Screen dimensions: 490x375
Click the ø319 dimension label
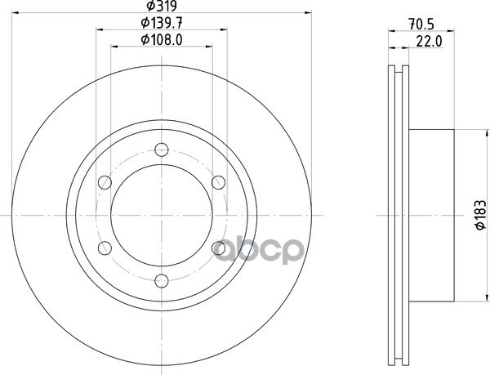click(162, 6)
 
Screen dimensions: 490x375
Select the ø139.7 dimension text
click(162, 23)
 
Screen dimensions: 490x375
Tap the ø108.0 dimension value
click(162, 40)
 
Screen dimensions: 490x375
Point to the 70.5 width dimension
click(421, 25)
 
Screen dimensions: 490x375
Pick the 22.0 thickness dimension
click(429, 41)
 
